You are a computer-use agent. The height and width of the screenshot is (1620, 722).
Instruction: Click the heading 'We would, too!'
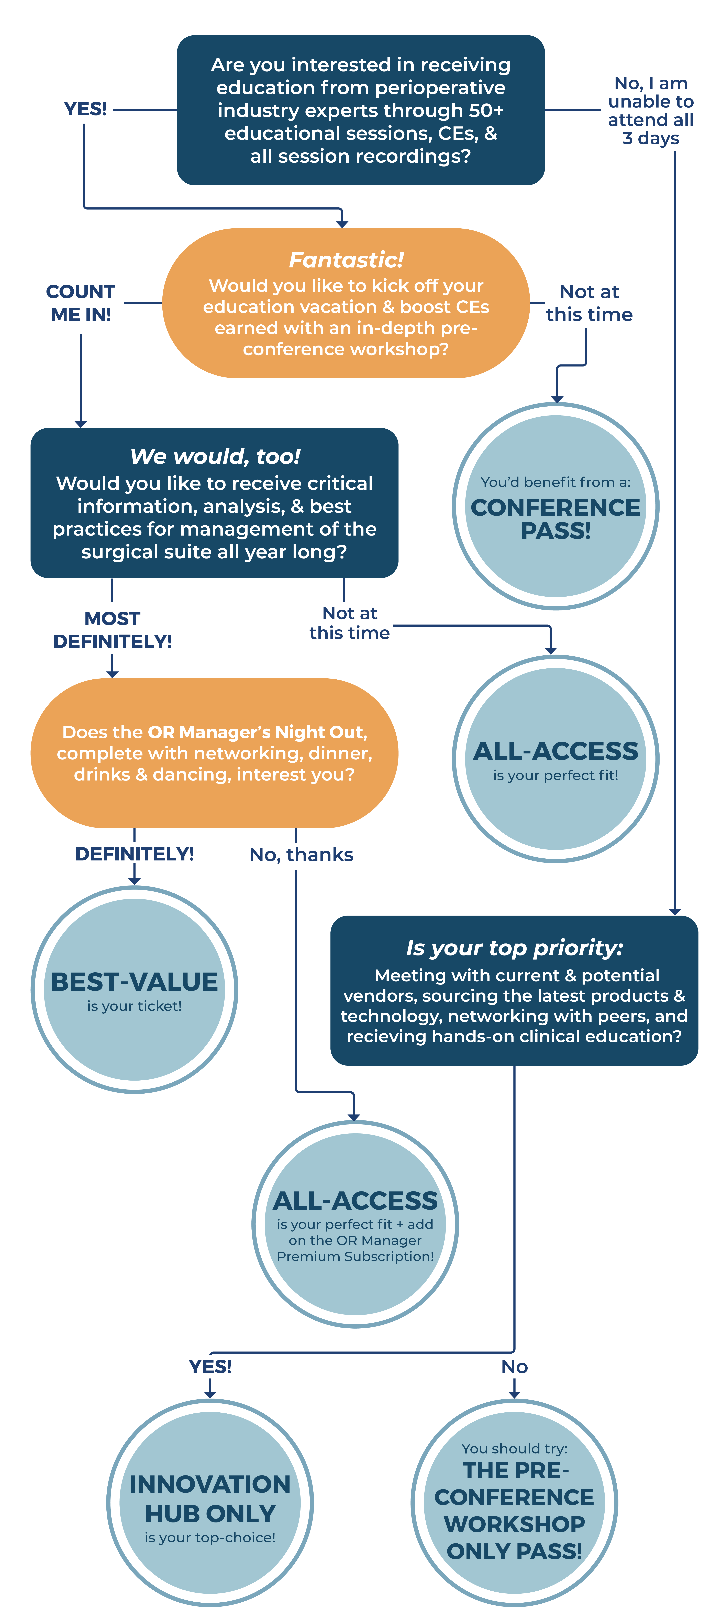[x=215, y=456]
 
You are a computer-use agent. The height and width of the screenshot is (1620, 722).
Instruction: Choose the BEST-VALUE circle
[x=135, y=989]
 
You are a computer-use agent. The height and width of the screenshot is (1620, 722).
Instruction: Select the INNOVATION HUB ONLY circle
[x=210, y=1502]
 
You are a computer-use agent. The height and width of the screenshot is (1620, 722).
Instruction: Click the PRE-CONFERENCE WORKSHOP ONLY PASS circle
[x=514, y=1502]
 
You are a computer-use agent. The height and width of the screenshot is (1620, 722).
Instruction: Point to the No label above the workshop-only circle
[x=514, y=1367]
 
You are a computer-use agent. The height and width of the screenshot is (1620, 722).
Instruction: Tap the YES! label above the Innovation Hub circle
[x=210, y=1367]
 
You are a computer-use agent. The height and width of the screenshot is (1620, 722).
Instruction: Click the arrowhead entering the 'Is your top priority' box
[x=675, y=911]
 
